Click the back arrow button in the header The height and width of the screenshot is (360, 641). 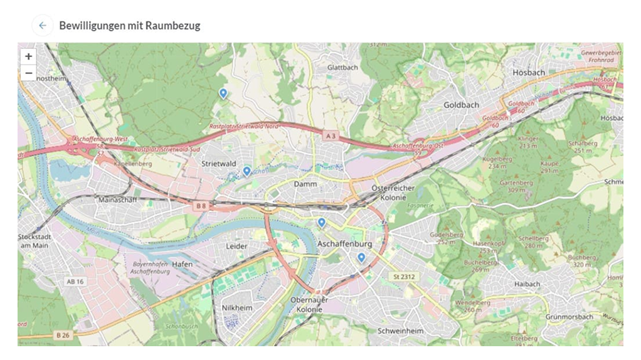[x=42, y=26]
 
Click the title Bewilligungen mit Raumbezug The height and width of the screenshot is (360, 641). [x=129, y=26]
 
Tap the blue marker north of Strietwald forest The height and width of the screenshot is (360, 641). [x=223, y=93]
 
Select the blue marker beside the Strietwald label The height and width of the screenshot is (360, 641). [x=246, y=171]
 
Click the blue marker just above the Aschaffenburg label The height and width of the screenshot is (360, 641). [x=321, y=222]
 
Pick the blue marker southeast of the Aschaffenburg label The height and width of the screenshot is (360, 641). [x=361, y=257]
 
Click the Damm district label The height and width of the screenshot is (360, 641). [x=305, y=184]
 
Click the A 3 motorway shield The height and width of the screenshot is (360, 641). [x=331, y=135]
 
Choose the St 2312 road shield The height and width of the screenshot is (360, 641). [x=405, y=277]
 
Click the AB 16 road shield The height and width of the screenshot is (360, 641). [x=75, y=282]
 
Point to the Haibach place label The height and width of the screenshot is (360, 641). [x=527, y=284]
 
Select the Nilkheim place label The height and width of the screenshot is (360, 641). [x=236, y=308]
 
